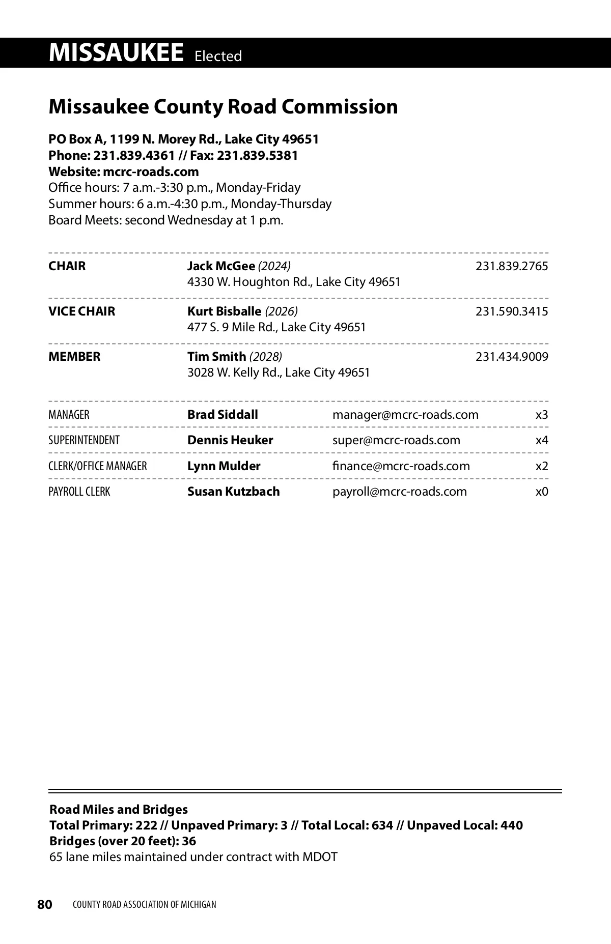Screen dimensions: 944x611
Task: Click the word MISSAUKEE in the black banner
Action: [116, 53]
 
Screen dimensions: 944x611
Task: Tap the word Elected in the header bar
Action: [218, 56]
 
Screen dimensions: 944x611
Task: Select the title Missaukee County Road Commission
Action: [223, 107]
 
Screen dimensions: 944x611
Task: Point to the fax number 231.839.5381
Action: [257, 155]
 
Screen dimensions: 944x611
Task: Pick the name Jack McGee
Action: [221, 266]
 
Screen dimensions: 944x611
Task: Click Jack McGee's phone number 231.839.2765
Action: [511, 266]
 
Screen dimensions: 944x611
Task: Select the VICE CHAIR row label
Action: [81, 311]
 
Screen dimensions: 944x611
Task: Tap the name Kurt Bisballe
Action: [224, 311]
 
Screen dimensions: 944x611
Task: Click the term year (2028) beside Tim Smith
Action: [265, 357]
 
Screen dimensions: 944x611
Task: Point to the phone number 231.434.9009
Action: [511, 357]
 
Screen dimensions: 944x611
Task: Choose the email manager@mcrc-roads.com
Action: [405, 415]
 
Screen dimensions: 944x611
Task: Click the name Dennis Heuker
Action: [230, 440]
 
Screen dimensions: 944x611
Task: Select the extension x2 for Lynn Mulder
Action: [542, 466]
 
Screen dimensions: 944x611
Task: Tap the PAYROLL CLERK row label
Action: [79, 492]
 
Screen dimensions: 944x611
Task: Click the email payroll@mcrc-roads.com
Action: [399, 492]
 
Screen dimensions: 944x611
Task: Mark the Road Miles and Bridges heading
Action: [118, 809]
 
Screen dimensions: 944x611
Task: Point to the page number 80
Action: [45, 904]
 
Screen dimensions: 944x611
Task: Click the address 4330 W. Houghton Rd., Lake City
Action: [294, 282]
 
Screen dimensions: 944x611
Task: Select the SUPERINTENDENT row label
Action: [84, 440]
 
